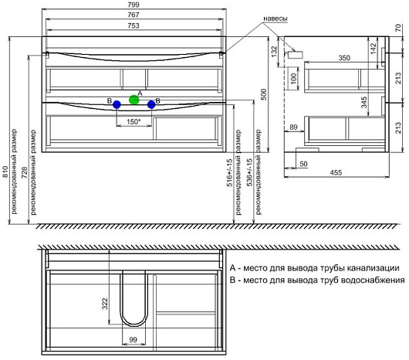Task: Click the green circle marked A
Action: [x=134, y=100]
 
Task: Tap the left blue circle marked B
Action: [x=117, y=105]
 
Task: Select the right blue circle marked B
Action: [x=151, y=105]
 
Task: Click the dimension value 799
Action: [x=134, y=5]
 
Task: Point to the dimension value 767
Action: [x=134, y=15]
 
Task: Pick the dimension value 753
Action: [x=134, y=25]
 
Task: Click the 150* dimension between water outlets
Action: [x=134, y=121]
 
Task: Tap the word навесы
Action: [x=275, y=19]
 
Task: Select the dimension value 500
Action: [x=264, y=94]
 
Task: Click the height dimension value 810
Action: [x=5, y=172]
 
